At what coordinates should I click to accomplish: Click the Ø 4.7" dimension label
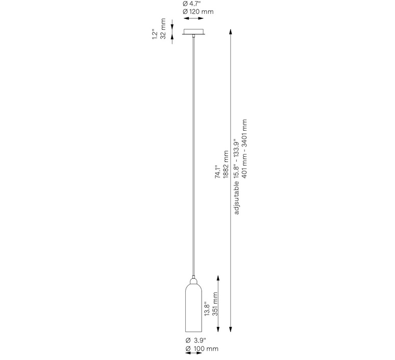(x=192, y=4)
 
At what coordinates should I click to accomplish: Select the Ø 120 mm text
(x=198, y=12)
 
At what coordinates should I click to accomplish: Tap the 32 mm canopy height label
(x=163, y=29)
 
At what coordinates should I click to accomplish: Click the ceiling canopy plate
(x=193, y=32)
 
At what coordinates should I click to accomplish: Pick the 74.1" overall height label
(x=217, y=172)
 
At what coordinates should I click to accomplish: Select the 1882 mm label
(x=226, y=164)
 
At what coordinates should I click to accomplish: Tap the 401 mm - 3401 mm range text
(x=244, y=149)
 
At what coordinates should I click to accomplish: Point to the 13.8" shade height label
(x=207, y=309)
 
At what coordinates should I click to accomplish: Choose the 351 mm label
(x=215, y=304)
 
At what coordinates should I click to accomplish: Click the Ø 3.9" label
(x=196, y=340)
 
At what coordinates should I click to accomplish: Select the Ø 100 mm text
(x=202, y=349)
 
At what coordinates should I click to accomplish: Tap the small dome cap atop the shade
(x=193, y=280)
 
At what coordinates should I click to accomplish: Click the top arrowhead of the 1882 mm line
(x=230, y=32)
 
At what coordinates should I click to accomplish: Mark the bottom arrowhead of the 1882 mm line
(x=230, y=329)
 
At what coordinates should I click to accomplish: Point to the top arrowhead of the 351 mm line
(x=218, y=278)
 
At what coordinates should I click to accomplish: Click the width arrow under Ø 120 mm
(x=193, y=18)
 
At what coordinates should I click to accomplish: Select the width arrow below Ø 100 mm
(x=193, y=353)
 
